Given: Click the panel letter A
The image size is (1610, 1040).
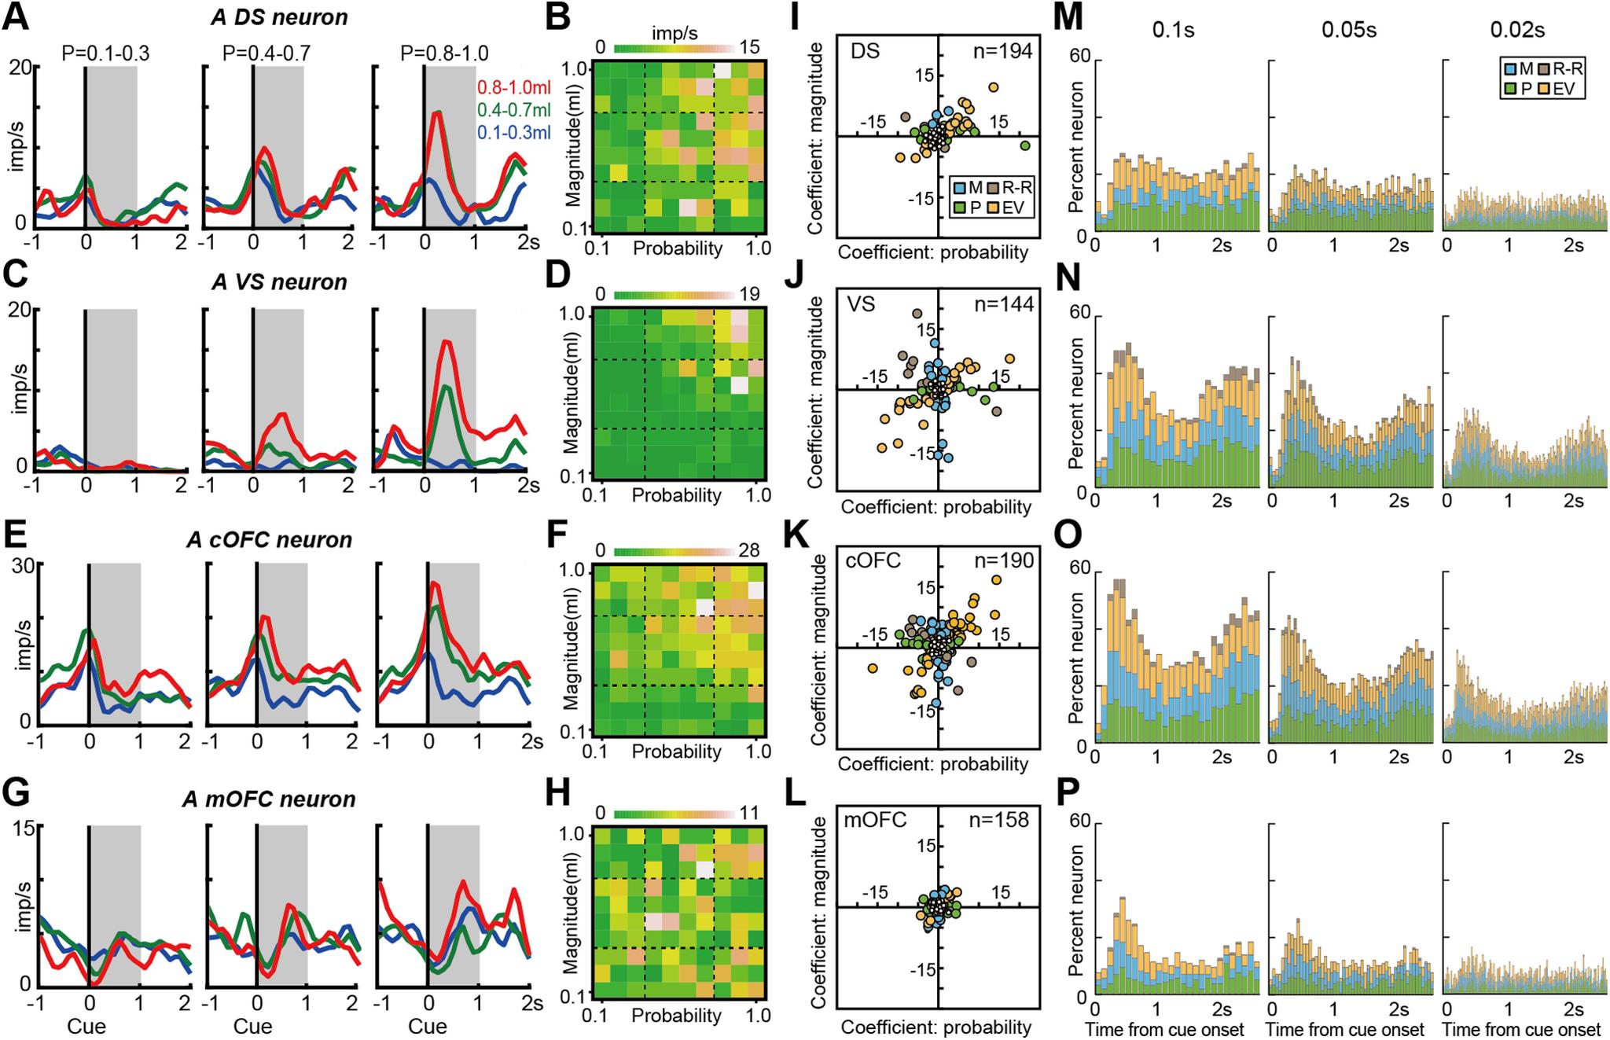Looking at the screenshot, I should pos(17,17).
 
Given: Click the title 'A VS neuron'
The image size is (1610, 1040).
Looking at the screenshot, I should pos(280,282).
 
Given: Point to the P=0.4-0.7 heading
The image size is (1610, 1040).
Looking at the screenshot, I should pos(266,53).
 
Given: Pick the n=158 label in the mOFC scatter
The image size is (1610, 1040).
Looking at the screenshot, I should pos(1001,821).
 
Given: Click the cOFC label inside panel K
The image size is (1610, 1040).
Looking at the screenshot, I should pos(872,560).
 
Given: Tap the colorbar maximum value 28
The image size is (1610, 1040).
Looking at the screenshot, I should pos(749,550).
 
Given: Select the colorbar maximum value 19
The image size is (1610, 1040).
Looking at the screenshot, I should pos(749,295).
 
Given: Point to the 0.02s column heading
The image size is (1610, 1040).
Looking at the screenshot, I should pos(1517,31).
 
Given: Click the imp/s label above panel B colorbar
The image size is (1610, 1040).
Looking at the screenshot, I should pos(674,35).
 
